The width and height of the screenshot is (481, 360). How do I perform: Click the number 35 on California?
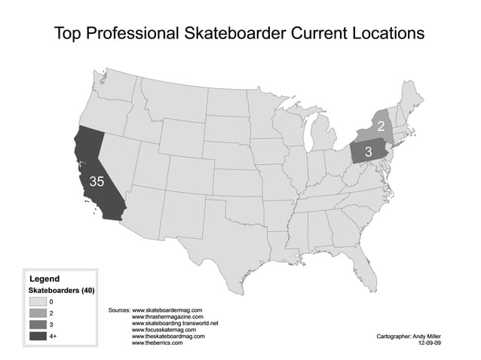[x=97, y=181]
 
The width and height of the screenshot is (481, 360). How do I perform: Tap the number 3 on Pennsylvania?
[x=369, y=151]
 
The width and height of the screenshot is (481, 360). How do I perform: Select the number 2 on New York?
[x=381, y=126]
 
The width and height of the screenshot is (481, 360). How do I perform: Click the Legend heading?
[x=44, y=279]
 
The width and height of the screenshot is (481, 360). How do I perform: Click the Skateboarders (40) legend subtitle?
[x=62, y=290]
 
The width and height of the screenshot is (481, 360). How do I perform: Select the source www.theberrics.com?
[x=159, y=343]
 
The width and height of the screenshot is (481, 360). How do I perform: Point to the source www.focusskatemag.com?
[x=164, y=330]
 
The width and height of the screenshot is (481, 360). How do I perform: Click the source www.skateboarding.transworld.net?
[x=175, y=323]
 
